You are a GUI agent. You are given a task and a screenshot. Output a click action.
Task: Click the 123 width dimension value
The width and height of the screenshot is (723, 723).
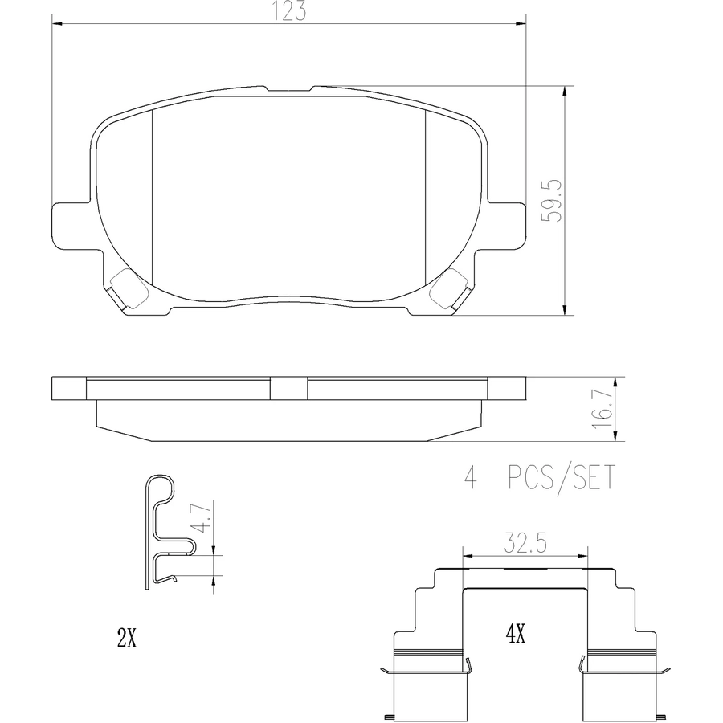pos(288,10)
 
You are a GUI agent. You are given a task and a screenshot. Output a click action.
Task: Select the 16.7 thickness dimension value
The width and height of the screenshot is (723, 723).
pos(603,409)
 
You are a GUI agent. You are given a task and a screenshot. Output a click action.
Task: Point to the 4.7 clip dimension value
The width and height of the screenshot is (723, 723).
pos(203,518)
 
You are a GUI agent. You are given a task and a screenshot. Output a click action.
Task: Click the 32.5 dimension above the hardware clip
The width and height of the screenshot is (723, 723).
pos(525,544)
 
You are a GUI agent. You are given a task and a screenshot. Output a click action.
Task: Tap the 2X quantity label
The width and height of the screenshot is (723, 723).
pos(127,639)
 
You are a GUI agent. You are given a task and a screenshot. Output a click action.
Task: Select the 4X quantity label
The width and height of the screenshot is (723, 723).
pos(516,635)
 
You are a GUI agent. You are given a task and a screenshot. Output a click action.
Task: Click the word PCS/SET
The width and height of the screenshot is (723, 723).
pos(562,478)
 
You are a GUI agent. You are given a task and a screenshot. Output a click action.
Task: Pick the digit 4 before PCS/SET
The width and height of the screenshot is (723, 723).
pos(470,478)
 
